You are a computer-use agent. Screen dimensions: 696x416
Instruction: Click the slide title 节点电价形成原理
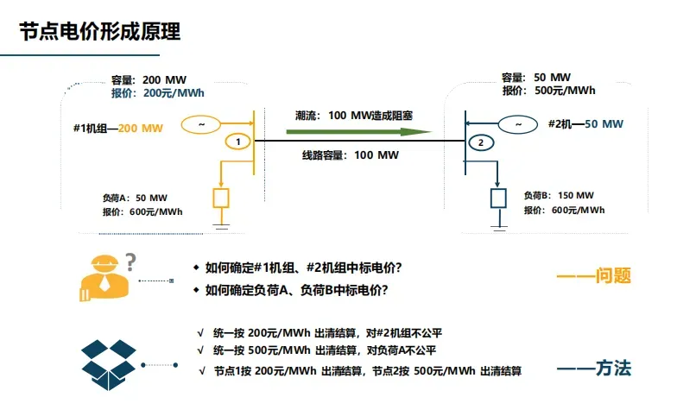coord(100,31)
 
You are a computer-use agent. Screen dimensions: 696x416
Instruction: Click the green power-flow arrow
coord(358,132)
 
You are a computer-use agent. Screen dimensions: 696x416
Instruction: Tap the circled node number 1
coord(238,142)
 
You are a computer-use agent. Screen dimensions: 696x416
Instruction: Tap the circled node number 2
coord(481,142)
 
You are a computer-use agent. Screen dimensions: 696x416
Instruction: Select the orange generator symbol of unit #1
coord(201,124)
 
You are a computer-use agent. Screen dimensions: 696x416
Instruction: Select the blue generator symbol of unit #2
coord(518,124)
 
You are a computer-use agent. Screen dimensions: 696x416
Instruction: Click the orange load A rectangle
coord(221,199)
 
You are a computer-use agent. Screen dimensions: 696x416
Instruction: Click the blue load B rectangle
coord(498,199)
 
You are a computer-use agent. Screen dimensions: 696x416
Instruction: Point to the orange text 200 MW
coord(141,129)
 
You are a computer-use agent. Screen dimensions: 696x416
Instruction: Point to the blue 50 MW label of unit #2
coord(604,124)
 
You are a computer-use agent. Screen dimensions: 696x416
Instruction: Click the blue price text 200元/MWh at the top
coord(174,93)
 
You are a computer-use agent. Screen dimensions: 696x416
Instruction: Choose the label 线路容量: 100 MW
coord(351,155)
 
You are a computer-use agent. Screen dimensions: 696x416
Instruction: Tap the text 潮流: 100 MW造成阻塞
coord(354,116)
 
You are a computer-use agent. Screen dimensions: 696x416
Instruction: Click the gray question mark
coord(130,262)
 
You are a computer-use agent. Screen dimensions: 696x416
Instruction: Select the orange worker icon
coord(104,278)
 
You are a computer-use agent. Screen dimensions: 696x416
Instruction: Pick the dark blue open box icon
coord(108,364)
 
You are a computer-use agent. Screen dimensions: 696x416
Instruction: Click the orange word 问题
coord(613,275)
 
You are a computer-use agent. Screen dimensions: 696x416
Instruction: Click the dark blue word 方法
coord(613,369)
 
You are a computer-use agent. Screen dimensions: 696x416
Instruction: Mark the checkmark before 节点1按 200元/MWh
coord(202,371)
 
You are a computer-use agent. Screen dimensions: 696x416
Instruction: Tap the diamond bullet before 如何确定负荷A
coord(196,290)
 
